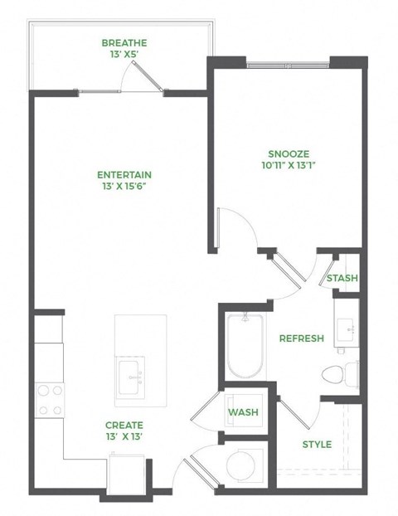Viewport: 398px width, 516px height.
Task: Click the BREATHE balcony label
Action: click(124, 43)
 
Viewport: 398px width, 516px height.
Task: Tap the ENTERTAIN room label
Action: click(124, 175)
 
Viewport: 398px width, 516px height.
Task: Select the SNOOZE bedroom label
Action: click(289, 153)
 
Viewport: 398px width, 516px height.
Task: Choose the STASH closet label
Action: click(342, 279)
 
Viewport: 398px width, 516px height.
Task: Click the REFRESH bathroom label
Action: click(301, 338)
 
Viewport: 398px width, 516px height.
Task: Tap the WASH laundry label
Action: click(243, 412)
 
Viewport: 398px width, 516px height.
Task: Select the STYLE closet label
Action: click(316, 445)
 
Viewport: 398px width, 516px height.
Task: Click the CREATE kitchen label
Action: click(124, 425)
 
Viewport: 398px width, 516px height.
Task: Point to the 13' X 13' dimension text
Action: click(124, 437)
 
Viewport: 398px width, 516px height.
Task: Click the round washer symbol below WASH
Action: click(245, 462)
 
